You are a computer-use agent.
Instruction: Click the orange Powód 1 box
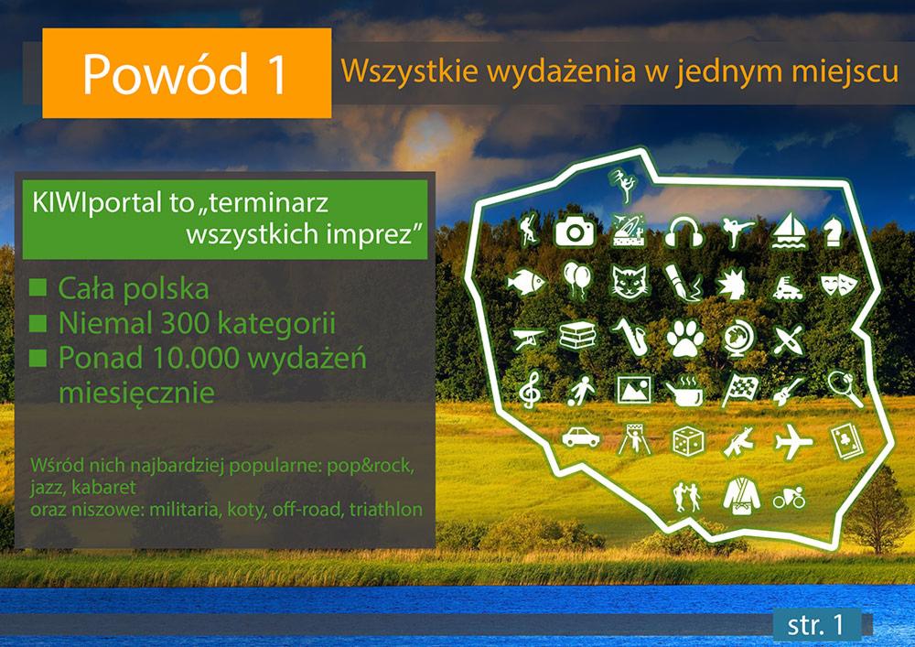point(187,73)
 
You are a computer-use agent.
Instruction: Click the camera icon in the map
point(576,231)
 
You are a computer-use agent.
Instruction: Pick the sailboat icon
point(787,231)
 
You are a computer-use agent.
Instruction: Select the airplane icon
point(792,442)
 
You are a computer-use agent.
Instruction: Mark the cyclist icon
point(789,499)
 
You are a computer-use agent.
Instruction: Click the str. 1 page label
point(813,624)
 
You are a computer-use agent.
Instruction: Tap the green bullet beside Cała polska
point(38,288)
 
